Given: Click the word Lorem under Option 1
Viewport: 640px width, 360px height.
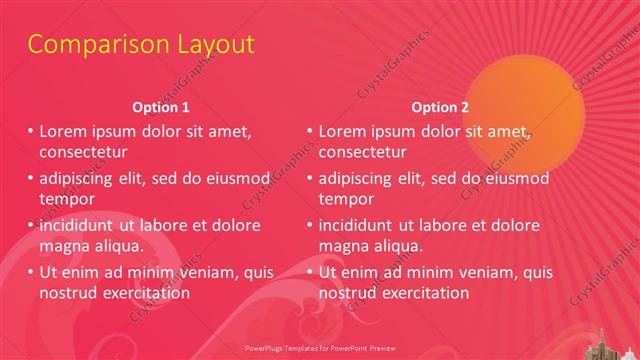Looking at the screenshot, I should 62,131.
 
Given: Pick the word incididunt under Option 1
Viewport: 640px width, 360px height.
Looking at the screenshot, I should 78,225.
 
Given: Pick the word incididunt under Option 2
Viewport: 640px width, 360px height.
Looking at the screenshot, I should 357,225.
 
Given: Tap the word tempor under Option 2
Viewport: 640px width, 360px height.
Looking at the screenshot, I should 344,199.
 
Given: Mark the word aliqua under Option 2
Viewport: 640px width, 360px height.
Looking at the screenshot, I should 397,246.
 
